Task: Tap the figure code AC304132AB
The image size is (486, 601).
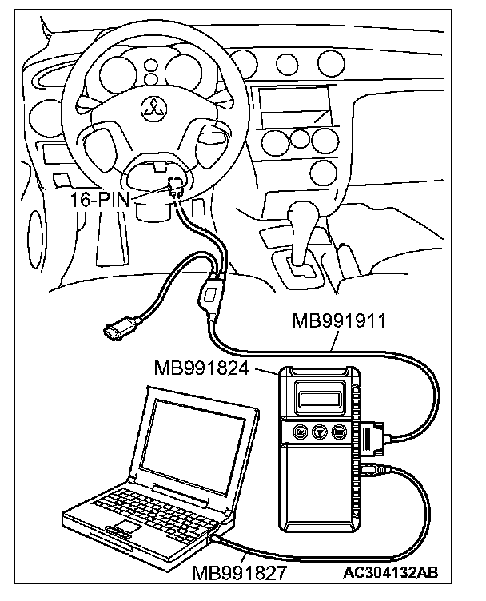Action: tap(392, 573)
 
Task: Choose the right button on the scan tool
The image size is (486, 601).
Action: tap(339, 432)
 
